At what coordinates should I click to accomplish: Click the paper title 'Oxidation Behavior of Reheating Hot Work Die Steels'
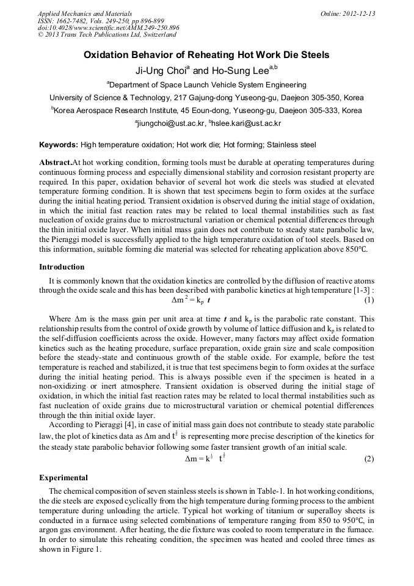(x=206, y=55)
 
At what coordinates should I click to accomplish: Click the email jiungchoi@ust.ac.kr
(x=169, y=123)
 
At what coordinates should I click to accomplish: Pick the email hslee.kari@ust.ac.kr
(x=247, y=123)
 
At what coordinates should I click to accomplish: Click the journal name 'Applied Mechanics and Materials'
(x=84, y=13)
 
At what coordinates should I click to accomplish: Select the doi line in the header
(x=108, y=27)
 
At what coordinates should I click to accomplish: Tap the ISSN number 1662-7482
(x=74, y=20)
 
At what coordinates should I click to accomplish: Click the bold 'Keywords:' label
(x=59, y=145)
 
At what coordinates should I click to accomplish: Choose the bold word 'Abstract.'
(x=56, y=163)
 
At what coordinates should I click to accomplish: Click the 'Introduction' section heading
(x=62, y=267)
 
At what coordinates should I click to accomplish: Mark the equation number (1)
(x=369, y=301)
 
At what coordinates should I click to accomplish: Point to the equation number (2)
(x=369, y=459)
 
